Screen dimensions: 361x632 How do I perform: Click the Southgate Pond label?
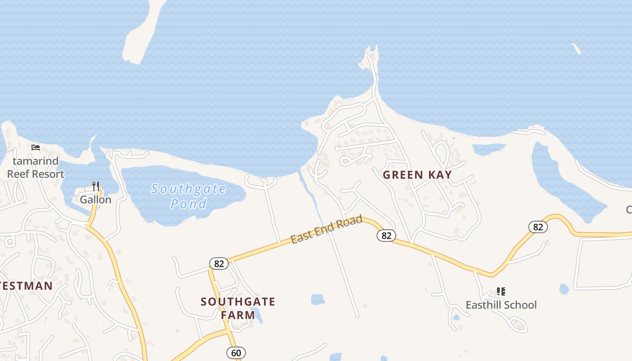coord(188,196)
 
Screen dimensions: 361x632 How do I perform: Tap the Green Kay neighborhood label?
coord(417,175)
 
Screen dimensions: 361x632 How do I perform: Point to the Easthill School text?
coord(501,305)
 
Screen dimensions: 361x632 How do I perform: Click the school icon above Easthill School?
coord(501,292)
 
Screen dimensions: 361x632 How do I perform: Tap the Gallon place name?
coord(95,199)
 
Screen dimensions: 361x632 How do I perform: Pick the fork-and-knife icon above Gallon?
coord(95,186)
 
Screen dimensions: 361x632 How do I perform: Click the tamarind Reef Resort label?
coord(36,167)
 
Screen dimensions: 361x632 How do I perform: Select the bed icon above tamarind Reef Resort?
coord(36,148)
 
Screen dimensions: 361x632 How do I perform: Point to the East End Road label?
coord(326,229)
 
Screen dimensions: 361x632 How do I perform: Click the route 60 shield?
coord(236,352)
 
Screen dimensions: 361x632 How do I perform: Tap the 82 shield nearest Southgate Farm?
coord(219,264)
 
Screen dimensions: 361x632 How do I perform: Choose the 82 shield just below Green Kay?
coord(386,235)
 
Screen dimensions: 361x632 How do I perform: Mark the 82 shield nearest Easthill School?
coord(538,227)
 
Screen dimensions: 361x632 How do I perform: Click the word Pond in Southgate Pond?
coord(188,204)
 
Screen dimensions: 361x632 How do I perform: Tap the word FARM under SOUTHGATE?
coord(238,315)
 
